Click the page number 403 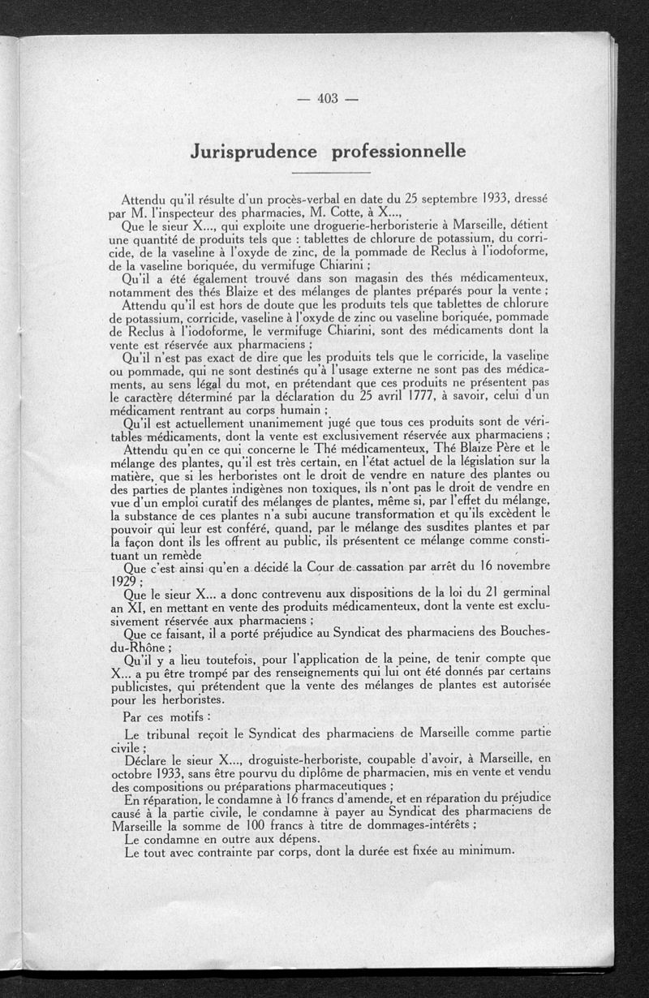(328, 99)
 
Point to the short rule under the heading (329, 173)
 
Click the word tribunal (180, 733)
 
